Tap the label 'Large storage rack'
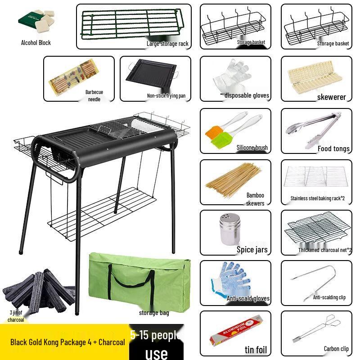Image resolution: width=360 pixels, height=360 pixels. pos(167,44)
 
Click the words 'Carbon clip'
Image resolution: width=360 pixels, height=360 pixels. pos(336,349)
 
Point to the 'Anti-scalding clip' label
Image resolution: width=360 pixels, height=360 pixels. pos(329,297)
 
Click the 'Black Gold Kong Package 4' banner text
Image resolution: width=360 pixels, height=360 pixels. pos(67,342)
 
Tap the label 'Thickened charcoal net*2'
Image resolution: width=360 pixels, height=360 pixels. pos(325,250)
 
